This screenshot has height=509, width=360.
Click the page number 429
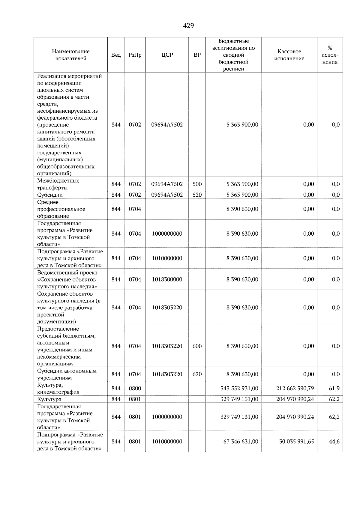(188, 26)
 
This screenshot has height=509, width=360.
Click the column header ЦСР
(167, 55)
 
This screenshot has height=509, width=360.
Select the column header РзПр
(135, 55)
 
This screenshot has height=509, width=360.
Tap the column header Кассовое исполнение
(289, 55)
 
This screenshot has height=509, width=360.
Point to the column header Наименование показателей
(70, 55)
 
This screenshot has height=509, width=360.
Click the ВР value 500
(197, 184)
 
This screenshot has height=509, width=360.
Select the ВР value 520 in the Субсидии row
(197, 195)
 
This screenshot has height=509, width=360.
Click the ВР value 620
(197, 374)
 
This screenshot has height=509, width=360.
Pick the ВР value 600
(197, 346)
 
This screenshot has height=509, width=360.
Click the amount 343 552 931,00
(239, 388)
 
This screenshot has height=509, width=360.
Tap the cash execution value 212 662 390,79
(295, 388)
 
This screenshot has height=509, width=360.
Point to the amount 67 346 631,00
(241, 442)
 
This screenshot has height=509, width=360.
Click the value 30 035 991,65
(296, 442)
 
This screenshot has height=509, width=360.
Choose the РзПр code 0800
(135, 388)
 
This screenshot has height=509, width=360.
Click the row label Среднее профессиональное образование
(61, 209)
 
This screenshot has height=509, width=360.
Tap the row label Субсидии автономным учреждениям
(67, 374)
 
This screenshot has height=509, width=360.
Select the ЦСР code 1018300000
(167, 279)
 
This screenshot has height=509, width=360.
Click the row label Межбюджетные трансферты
(58, 184)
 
